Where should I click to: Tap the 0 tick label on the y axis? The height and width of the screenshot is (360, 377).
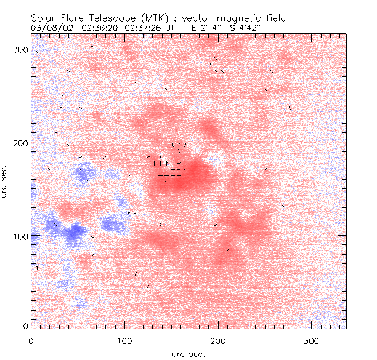coord(25,326)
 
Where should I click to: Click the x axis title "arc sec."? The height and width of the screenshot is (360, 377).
coord(188,353)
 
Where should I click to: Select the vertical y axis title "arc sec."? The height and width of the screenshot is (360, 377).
coord(6,182)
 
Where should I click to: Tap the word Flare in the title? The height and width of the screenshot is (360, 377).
coord(73,18)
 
